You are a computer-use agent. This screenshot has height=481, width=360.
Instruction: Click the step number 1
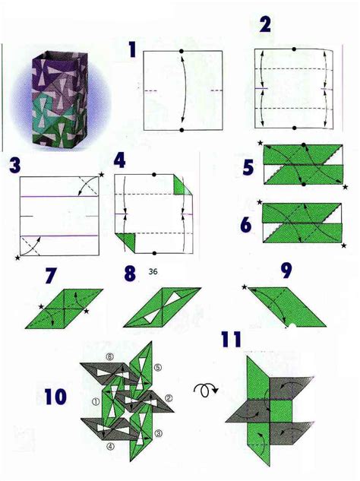click(132, 51)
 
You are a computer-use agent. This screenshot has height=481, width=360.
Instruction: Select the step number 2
click(264, 25)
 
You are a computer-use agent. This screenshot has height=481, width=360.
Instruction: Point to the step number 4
click(120, 162)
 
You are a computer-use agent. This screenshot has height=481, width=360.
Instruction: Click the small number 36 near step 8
click(154, 272)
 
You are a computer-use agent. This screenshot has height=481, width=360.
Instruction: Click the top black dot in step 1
click(182, 51)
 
